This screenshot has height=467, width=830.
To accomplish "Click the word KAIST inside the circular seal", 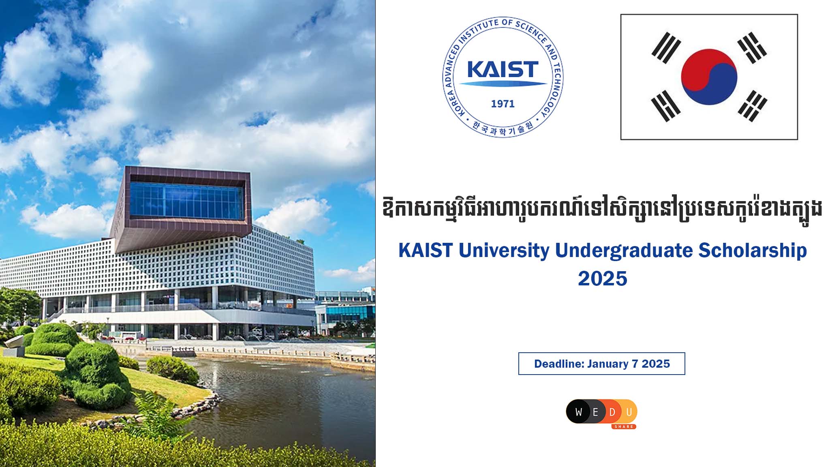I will tap(503, 69).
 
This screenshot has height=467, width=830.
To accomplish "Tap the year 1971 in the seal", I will tap(503, 104).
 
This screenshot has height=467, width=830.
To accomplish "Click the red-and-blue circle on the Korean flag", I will tap(709, 77).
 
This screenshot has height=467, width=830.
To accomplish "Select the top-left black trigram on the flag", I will tap(666, 48).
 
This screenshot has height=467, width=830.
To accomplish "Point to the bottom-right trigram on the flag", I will tap(753, 106).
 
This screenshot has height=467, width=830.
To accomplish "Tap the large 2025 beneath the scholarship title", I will tap(602, 278).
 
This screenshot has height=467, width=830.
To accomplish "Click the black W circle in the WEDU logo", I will tap(578, 412).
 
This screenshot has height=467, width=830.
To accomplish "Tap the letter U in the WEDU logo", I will tap(629, 412).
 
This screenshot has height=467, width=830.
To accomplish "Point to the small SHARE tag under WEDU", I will tap(624, 426).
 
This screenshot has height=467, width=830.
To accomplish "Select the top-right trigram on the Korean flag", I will tap(752, 48).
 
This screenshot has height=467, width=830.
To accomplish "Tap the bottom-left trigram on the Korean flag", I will tap(665, 106).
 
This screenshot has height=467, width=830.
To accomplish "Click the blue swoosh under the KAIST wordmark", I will tap(503, 84).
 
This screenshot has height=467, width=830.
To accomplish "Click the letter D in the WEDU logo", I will tap(612, 412).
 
